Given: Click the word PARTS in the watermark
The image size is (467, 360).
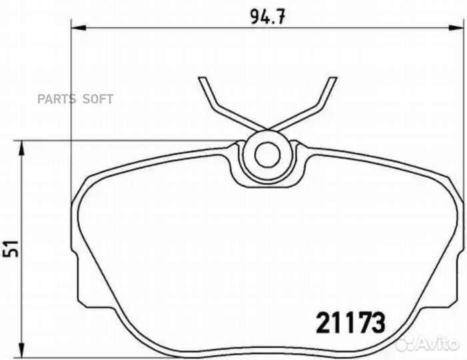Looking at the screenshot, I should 57,99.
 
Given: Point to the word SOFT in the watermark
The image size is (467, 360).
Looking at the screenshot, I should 98,99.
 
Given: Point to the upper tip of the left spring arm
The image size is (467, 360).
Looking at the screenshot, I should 201,79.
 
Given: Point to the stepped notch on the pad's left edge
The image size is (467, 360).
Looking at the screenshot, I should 75,280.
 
